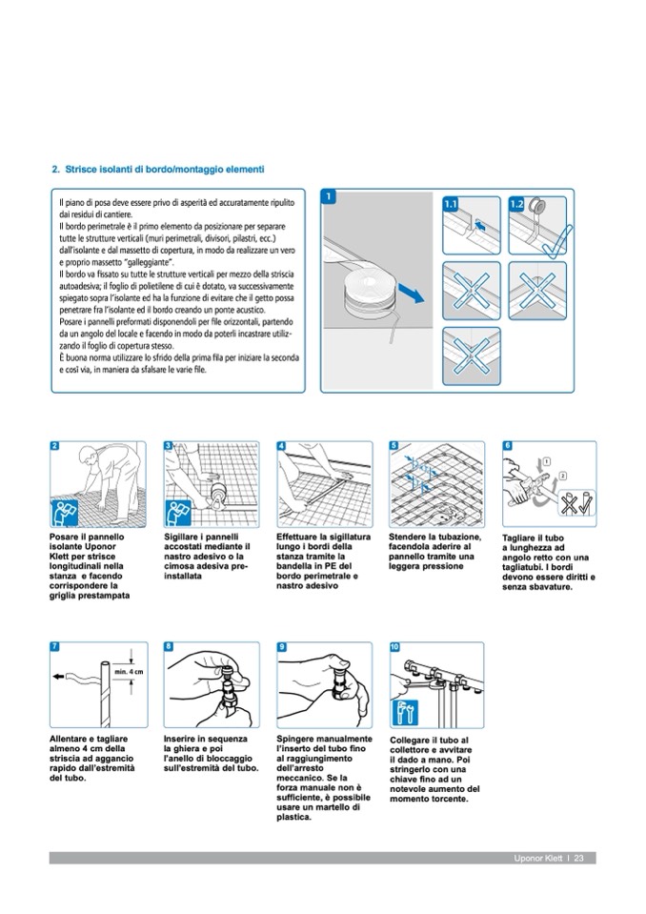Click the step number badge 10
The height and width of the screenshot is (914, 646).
coord(395,647)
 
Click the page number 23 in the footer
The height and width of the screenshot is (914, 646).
coord(579,859)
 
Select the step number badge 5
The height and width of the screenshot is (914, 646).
coord(395,445)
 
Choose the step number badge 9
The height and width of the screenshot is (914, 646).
coord(282,647)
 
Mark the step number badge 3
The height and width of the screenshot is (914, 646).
coord(170,445)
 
